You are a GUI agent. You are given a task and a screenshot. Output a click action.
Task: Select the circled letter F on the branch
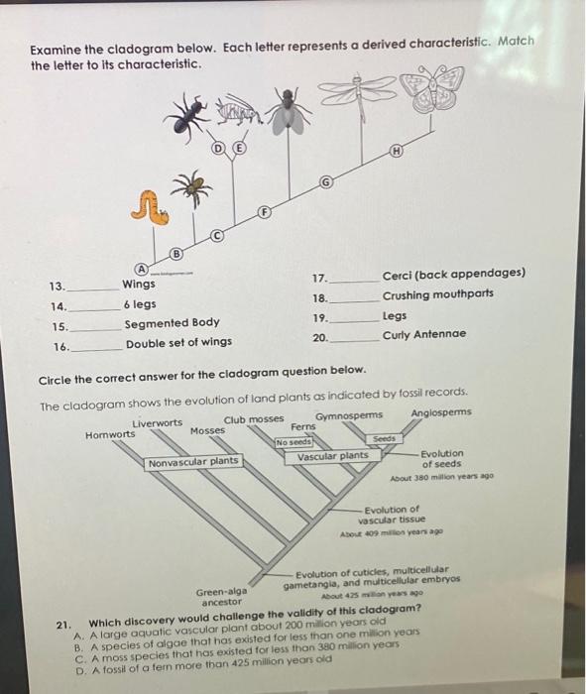point(264,212)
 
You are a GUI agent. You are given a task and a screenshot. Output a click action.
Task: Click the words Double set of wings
point(178,344)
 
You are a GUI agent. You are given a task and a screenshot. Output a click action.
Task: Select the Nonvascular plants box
point(193,462)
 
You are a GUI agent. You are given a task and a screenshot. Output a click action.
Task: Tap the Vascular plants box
point(332,456)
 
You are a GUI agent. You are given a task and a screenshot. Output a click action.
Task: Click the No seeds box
point(293,442)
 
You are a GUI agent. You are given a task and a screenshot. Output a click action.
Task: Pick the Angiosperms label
point(440,412)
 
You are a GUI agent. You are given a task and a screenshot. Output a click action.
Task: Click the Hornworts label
point(111,434)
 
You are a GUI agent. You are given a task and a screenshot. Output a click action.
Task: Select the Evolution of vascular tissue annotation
point(395,515)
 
